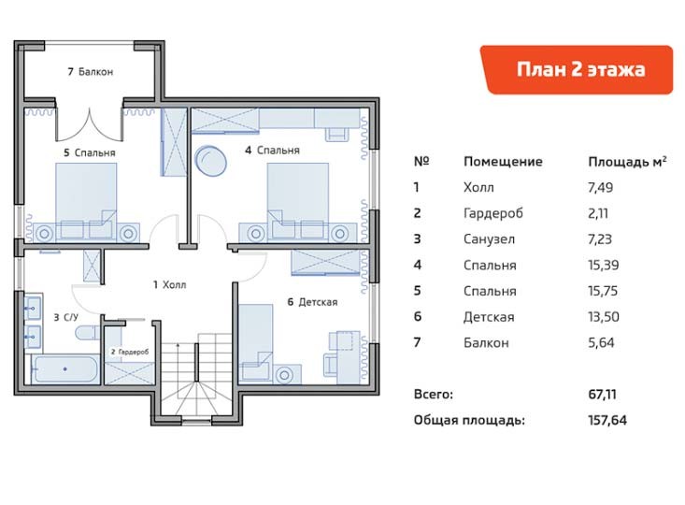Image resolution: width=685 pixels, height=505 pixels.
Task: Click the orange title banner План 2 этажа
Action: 577,69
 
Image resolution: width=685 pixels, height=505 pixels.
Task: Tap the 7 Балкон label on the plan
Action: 91,71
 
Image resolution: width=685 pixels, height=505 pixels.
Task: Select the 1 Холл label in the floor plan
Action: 169,284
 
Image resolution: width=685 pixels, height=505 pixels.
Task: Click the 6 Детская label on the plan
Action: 312,302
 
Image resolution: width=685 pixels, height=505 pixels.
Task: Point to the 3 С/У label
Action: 66,317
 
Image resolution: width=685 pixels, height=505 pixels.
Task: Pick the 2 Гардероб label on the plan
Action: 130,352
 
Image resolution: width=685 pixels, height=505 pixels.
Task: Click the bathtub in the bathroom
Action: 65,369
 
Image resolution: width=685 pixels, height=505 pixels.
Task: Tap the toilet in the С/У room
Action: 88,332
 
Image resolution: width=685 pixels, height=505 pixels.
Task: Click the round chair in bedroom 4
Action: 210,161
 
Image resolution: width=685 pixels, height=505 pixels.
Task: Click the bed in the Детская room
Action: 256,341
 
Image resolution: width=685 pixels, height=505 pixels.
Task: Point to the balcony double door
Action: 89,125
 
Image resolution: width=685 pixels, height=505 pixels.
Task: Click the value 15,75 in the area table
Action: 603,291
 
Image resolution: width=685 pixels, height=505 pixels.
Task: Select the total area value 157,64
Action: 607,420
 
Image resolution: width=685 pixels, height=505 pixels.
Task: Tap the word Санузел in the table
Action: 490,239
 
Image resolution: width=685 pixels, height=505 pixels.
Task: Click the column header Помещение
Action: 503,162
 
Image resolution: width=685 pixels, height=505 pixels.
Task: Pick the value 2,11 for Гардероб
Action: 598,213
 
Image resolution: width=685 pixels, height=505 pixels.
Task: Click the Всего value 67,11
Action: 602,394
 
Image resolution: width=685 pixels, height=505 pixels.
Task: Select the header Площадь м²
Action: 627,162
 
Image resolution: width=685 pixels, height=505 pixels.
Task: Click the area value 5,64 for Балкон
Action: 601,342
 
